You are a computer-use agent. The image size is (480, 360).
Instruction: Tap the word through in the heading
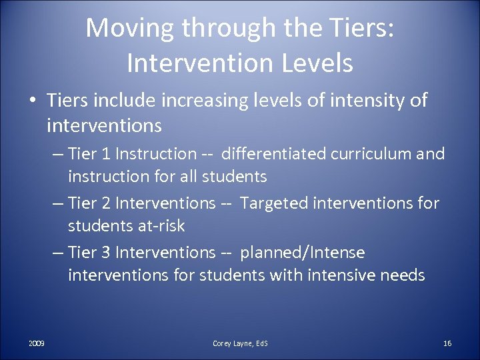point(234,29)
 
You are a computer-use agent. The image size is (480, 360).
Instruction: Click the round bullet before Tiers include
point(33,101)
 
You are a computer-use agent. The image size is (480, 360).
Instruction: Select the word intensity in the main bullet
point(364,101)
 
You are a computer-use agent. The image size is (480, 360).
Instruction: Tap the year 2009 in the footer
point(37,343)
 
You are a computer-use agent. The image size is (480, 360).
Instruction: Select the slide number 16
point(447,343)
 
